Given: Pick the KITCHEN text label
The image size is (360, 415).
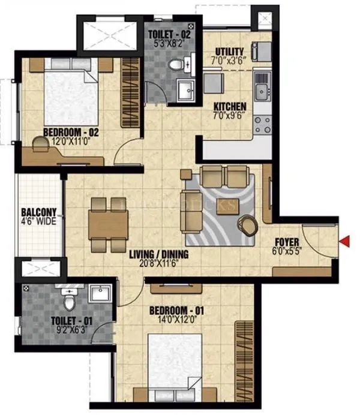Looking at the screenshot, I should pos(230,109).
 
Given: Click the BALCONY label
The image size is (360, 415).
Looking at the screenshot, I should pos(38,212).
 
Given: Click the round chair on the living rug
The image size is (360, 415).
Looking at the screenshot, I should pos(247,224).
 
